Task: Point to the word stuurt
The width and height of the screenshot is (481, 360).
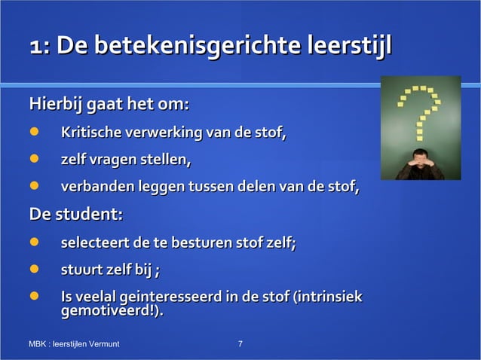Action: pyautogui.click(x=81, y=270)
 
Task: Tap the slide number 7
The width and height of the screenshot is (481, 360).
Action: pyautogui.click(x=240, y=344)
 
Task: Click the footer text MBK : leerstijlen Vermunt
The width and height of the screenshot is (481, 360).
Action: pyautogui.click(x=74, y=344)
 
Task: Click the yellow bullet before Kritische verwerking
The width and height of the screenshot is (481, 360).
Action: pyautogui.click(x=34, y=134)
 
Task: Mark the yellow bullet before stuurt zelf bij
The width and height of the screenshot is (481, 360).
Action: pyautogui.click(x=34, y=270)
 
